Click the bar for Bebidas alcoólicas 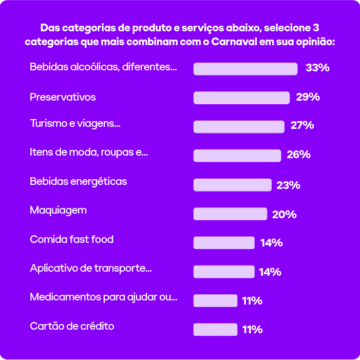(x=245, y=69)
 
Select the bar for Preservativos (x=241, y=98)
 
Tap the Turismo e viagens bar (x=239, y=127)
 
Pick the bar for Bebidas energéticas (x=232, y=185)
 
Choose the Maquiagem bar (x=230, y=214)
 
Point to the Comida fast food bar (x=224, y=243)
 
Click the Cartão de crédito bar (x=215, y=330)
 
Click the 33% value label (x=317, y=68)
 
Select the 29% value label (x=308, y=97)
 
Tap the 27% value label (x=302, y=125)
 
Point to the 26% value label (x=298, y=155)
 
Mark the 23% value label (x=288, y=185)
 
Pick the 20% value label (x=285, y=214)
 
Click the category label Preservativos (x=63, y=97)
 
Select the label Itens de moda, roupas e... (x=89, y=152)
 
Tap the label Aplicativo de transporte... (x=91, y=268)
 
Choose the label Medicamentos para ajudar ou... (x=104, y=297)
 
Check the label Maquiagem (x=58, y=210)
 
